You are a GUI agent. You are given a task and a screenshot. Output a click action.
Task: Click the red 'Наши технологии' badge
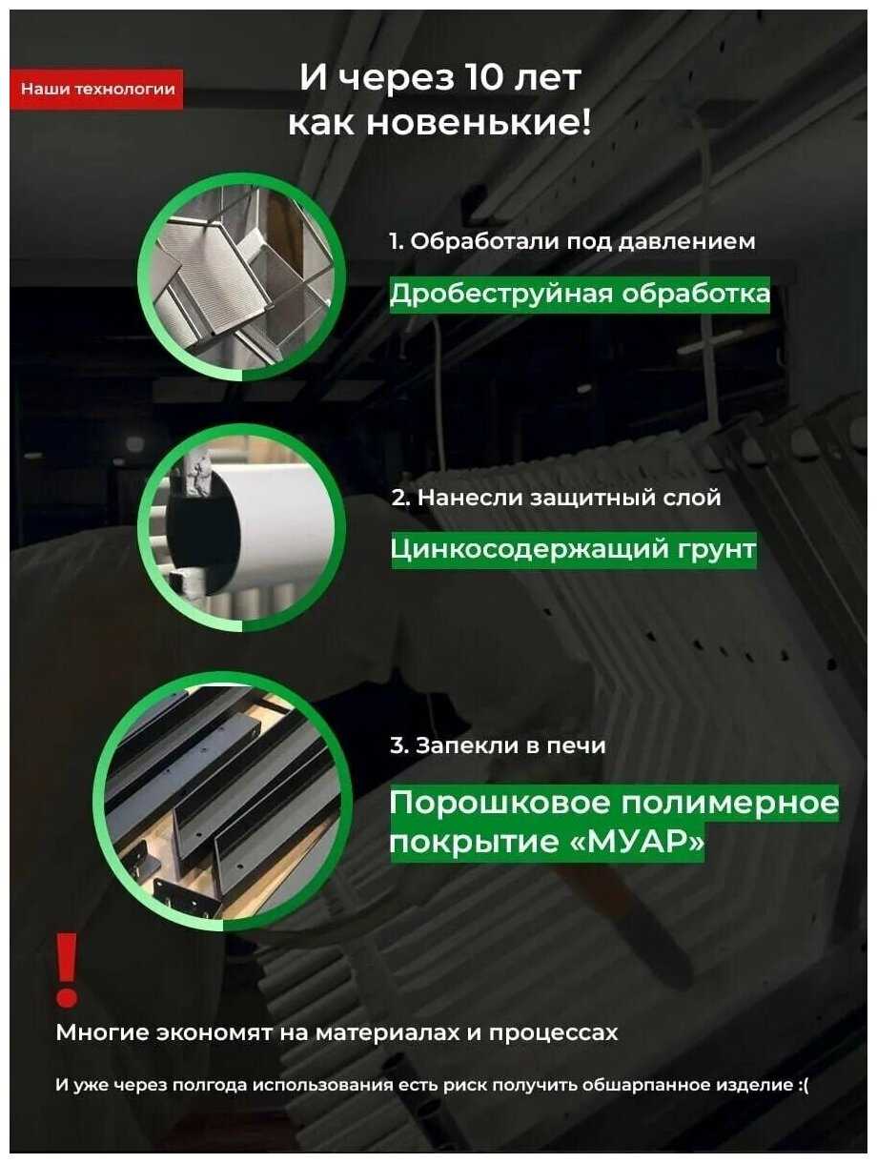click(97, 89)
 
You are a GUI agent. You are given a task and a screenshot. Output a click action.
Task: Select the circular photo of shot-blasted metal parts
click(241, 276)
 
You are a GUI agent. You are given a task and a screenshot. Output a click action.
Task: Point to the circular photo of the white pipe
click(241, 527)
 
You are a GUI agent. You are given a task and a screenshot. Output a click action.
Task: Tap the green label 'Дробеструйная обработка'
click(580, 295)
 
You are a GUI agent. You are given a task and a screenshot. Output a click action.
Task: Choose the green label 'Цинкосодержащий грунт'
click(574, 550)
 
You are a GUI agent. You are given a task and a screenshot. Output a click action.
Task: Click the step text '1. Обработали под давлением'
click(572, 241)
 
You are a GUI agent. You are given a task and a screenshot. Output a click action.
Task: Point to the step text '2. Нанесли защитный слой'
click(556, 498)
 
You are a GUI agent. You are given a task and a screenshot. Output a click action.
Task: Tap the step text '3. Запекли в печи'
click(498, 745)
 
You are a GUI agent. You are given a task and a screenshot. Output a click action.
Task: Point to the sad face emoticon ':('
click(803, 1085)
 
